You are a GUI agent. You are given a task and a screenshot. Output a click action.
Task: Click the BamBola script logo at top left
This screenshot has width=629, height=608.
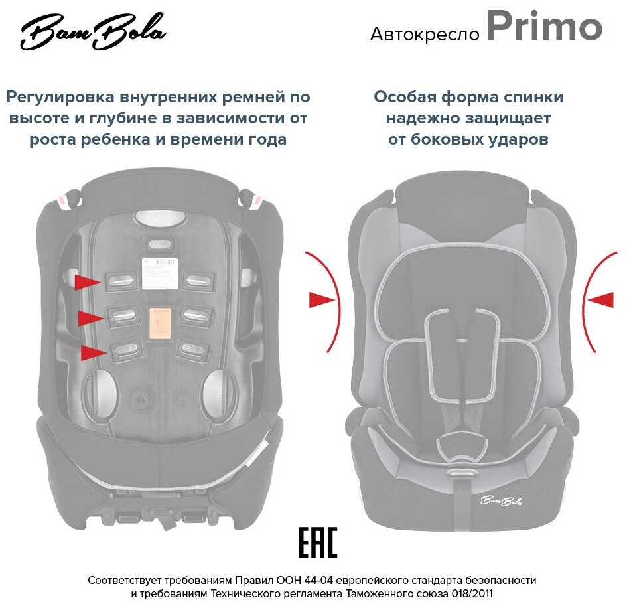93,32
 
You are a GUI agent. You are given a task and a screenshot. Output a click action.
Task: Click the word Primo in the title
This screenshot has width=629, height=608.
544,28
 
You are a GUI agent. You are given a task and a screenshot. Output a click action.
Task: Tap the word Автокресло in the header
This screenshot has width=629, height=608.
425,34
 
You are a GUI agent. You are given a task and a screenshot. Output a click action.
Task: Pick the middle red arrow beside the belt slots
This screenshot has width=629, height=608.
90,318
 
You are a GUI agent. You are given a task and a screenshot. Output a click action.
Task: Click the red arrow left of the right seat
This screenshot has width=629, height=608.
321,300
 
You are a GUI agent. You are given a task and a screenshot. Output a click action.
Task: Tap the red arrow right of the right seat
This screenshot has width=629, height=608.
600,300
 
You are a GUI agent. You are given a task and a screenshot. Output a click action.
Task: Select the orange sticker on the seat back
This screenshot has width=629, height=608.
157,323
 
